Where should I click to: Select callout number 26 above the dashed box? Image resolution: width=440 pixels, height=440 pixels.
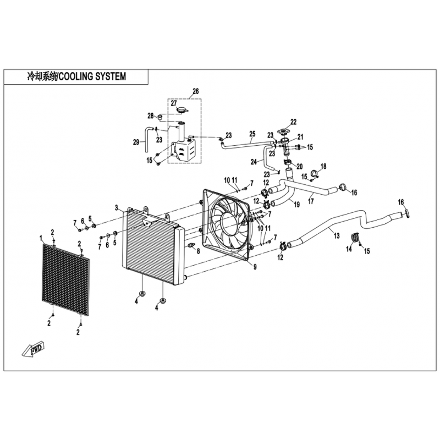coord(196,91)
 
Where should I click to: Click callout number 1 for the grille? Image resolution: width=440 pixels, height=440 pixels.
coord(41,238)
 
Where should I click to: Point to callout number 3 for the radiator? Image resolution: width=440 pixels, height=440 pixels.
coord(117,208)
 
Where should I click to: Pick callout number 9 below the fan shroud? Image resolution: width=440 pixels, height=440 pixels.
coord(255,267)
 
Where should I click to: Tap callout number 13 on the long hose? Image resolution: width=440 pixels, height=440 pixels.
coord(337,236)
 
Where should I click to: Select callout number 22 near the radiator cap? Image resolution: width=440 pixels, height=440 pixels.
coord(293,122)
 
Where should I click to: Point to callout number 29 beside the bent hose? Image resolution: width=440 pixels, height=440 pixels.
coord(136,142)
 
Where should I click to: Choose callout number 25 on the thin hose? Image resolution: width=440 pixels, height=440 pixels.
coord(252,134)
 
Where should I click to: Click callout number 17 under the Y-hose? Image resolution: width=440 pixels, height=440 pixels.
coord(311,201)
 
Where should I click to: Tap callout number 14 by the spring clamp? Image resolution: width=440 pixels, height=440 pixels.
coord(349,249)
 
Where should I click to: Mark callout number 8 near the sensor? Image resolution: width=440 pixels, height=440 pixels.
coord(198,251)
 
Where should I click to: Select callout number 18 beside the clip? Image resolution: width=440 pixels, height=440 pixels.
coord(323,167)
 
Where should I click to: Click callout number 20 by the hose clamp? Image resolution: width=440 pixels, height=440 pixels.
coord(299,167)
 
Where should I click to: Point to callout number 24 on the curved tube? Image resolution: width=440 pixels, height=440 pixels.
coord(254,162)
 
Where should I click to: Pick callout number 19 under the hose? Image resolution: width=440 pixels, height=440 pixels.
coord(296,205)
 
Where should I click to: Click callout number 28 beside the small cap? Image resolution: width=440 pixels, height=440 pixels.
coord(151,116)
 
